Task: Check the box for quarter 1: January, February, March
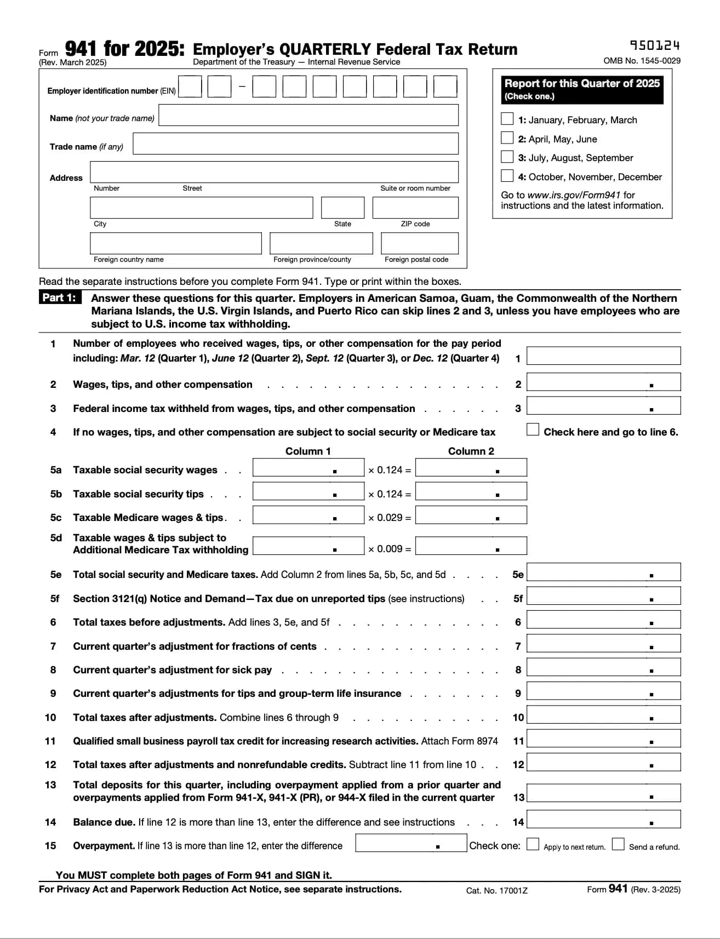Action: pyautogui.click(x=507, y=119)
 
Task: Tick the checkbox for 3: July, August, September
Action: pyautogui.click(x=507, y=157)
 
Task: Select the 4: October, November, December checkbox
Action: pyautogui.click(x=507, y=176)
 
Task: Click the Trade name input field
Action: pyautogui.click(x=295, y=144)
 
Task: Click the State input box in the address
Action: pyautogui.click(x=342, y=208)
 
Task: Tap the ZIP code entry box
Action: pyautogui.click(x=415, y=208)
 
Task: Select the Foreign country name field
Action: pyautogui.click(x=175, y=243)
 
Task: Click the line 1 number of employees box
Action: pyautogui.click(x=603, y=356)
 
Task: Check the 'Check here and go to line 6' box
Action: pyautogui.click(x=533, y=429)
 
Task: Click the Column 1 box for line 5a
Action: pyautogui.click(x=308, y=467)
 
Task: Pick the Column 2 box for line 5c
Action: pyautogui.click(x=471, y=515)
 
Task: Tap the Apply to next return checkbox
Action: pyautogui.click(x=533, y=844)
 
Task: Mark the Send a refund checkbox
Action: pyautogui.click(x=618, y=844)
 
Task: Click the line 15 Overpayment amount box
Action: pyautogui.click(x=410, y=843)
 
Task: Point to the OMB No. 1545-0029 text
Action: pyautogui.click(x=642, y=61)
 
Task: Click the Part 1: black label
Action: pyautogui.click(x=59, y=297)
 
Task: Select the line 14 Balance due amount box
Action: pyautogui.click(x=603, y=819)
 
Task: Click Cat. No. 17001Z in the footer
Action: pyautogui.click(x=496, y=890)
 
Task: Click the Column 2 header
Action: pyautogui.click(x=471, y=451)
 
